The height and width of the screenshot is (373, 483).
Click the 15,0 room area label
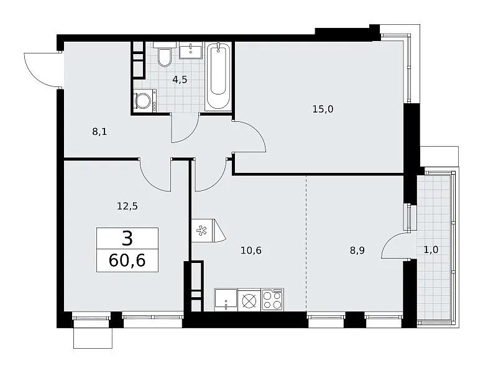coord(323,109)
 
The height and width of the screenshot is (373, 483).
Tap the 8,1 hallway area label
coord(99,132)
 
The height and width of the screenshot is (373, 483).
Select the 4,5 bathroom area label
coord(180,80)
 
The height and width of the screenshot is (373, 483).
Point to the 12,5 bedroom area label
coord(127,206)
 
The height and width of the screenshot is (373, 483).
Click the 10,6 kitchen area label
coord(251,251)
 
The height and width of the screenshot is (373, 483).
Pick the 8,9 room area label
coord(357,251)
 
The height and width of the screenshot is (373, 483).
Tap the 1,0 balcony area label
coord(431,250)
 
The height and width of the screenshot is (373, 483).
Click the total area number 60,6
coord(127,260)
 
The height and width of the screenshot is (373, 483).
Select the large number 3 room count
coord(127,239)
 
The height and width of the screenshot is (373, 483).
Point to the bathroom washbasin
coord(191,50)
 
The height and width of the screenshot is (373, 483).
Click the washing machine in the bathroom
coord(145,100)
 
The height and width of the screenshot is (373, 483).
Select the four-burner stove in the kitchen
coord(273,300)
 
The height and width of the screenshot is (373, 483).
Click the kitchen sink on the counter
coord(226,300)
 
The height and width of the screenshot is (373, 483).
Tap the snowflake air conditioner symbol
coord(203,231)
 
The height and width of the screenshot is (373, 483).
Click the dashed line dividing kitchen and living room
coord(306,243)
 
